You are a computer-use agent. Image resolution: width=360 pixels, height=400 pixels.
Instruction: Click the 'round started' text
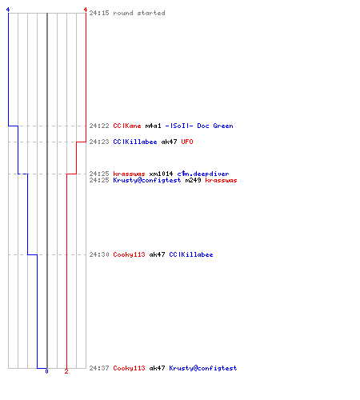139,13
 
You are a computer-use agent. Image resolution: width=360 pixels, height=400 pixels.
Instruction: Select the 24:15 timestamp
99,13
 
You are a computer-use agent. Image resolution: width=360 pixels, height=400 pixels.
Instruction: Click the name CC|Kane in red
127,126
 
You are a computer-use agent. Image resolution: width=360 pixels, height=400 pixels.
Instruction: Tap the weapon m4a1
154,126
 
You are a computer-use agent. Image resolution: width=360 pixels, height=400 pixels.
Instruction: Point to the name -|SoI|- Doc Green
199,126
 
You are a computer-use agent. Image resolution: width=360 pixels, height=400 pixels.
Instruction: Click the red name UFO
187,142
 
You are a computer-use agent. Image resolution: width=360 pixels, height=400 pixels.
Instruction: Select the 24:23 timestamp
99,142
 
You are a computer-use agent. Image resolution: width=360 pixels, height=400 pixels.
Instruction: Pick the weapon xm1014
161,174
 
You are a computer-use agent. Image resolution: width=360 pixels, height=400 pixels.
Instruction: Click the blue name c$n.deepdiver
203,174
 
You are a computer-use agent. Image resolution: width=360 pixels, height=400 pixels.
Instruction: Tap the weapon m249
193,180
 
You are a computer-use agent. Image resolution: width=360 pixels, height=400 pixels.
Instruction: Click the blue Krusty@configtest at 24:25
147,180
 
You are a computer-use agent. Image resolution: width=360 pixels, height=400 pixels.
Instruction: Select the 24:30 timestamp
99,254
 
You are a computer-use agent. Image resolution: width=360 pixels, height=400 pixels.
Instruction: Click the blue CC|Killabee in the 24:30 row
191,254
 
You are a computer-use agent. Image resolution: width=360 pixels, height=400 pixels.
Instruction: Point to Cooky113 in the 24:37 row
129,368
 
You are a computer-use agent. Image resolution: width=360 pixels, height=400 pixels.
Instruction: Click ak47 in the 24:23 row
169,142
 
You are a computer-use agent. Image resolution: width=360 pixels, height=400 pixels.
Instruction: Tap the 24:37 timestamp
99,368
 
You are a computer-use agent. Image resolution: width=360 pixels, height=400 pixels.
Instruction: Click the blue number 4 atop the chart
8,10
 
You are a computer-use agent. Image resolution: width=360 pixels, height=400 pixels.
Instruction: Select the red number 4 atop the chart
86,10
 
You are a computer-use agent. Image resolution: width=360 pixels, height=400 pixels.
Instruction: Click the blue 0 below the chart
46,371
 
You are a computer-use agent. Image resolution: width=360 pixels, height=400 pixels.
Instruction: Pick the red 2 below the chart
66,371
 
